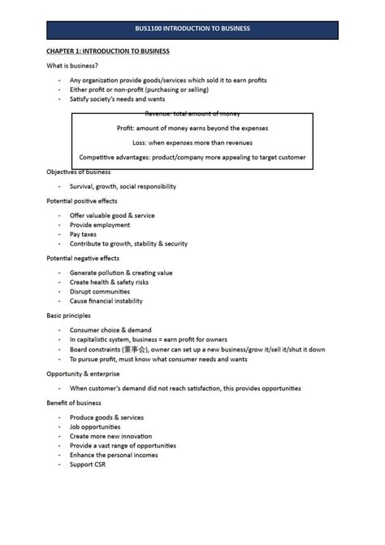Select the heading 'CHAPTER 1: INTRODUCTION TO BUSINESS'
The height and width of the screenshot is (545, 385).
coord(107,51)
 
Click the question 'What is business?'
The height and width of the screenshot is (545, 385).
coord(72,66)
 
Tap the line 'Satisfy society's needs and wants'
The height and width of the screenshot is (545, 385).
coord(117,99)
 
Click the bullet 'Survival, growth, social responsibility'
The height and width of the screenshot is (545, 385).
coord(123,186)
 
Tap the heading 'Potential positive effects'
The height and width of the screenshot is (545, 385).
coord(81,201)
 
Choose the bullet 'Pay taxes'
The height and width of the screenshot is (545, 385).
coord(83,234)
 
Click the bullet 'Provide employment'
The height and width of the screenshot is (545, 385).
coord(100,225)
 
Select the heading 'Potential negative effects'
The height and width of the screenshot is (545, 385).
coord(83,258)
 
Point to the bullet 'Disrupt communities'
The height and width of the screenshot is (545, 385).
coord(100,291)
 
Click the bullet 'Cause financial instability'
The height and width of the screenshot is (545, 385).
coord(106,301)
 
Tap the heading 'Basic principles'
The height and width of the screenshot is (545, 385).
coord(68,316)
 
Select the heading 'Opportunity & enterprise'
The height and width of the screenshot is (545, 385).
coord(83,373)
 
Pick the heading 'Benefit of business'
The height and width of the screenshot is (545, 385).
coord(73,403)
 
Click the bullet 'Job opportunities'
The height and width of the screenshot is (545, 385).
coord(95,426)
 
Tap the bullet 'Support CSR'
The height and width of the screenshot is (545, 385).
coord(88,464)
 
